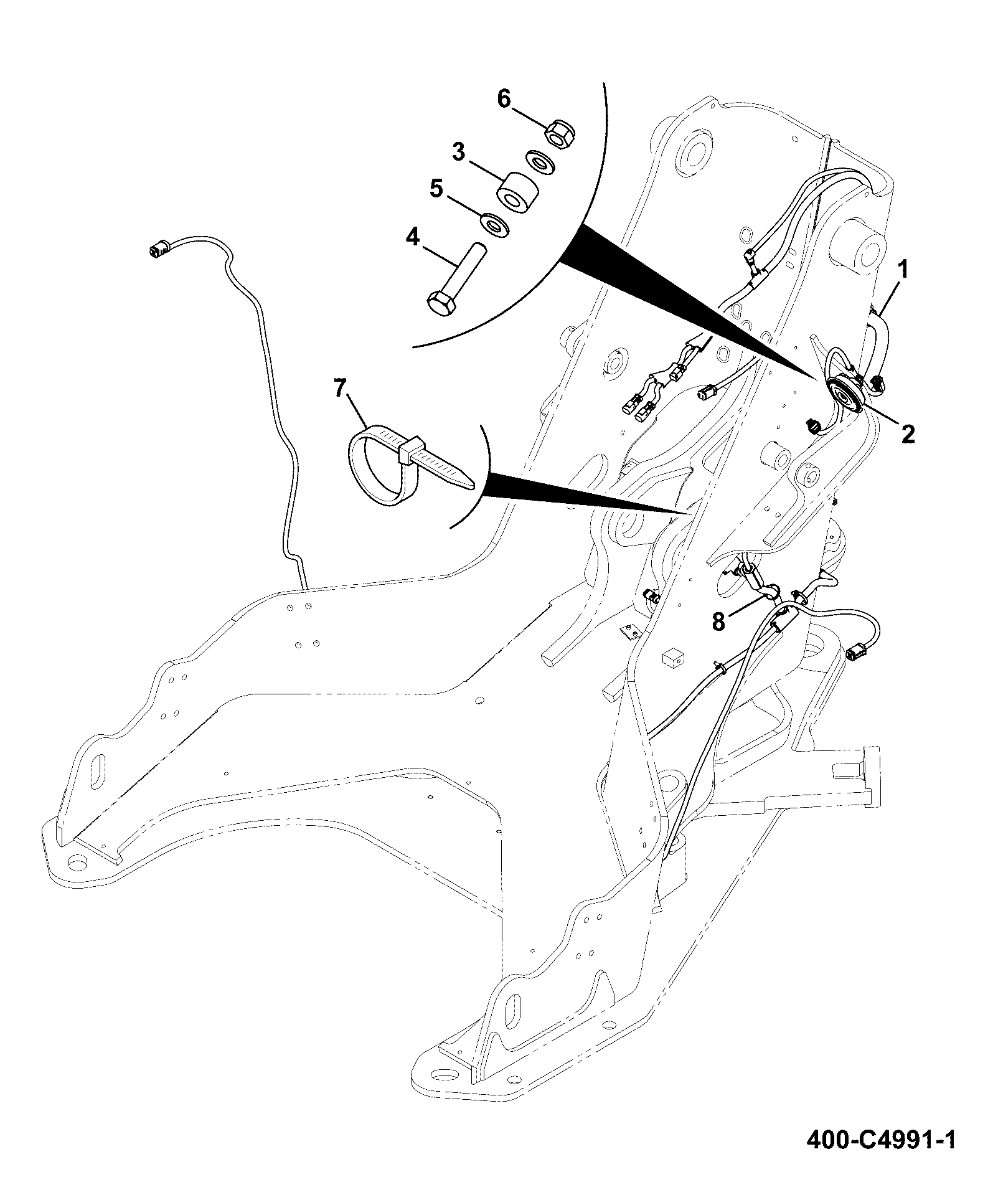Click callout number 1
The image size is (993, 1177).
click(901, 270)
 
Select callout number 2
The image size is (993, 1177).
click(908, 433)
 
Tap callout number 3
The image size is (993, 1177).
click(459, 151)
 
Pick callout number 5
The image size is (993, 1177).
click(436, 189)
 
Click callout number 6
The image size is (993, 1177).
click(504, 98)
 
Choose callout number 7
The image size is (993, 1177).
click(339, 389)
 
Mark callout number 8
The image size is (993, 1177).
click(719, 622)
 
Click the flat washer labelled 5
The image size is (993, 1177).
click(496, 224)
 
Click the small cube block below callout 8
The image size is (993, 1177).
click(672, 656)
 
